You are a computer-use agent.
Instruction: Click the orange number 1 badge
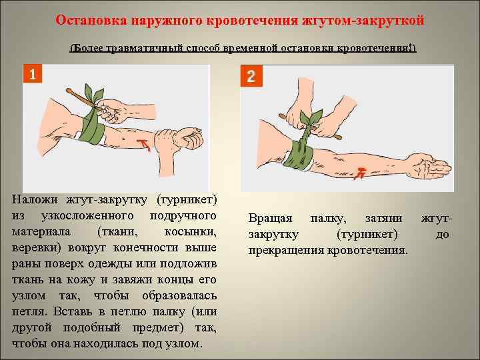[33, 73]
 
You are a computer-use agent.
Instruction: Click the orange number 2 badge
[251, 75]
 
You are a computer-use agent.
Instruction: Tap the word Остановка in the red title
[91, 20]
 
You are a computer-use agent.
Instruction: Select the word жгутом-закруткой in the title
[363, 21]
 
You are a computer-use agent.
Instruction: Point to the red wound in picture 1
[143, 144]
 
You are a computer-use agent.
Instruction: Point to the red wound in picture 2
[359, 173]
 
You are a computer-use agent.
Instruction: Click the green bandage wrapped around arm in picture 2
[297, 155]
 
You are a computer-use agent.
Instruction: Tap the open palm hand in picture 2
[431, 166]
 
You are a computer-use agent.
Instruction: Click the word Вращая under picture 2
[270, 219]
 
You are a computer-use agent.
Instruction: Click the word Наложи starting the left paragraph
[35, 199]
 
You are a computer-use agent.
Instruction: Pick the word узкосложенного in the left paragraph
[87, 216]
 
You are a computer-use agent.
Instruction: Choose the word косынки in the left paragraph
[191, 232]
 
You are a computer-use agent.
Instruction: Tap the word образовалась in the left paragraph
[179, 296]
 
